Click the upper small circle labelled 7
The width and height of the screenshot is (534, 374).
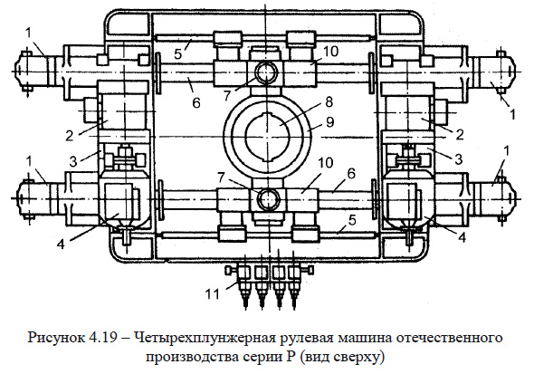(x=267, y=73)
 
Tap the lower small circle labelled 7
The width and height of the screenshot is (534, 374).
(x=267, y=198)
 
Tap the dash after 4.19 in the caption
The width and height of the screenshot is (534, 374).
(x=126, y=338)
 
